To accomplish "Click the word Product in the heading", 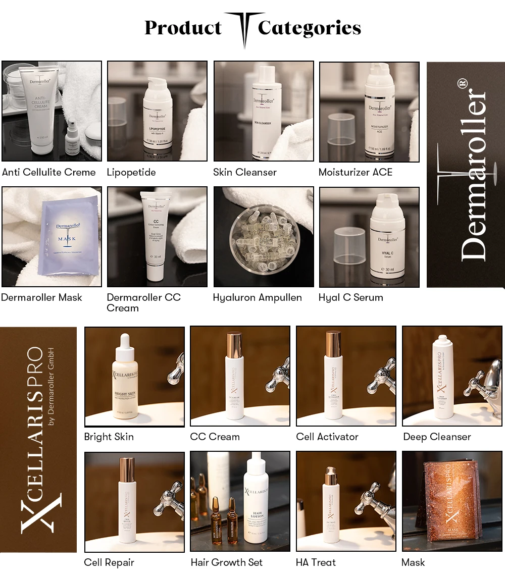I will tap(183, 28).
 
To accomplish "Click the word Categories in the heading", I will tap(309, 28).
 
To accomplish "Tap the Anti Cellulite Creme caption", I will tap(48, 172).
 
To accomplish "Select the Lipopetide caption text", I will tap(131, 172).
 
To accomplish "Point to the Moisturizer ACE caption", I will tap(355, 172).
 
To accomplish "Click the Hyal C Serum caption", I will tap(350, 297).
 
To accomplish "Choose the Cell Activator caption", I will tap(327, 437).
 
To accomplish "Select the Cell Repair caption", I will tap(109, 562).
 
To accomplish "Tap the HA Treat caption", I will tap(316, 562).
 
